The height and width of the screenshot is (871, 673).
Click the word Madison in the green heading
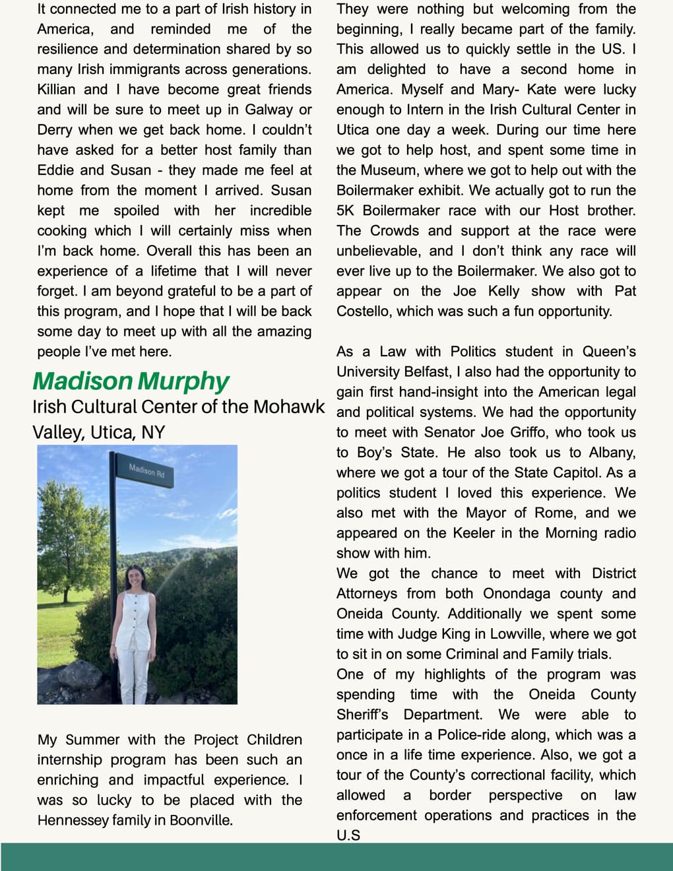[82, 381]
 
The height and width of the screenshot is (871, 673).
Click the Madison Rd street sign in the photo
[146, 471]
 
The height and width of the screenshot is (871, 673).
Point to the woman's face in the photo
[134, 577]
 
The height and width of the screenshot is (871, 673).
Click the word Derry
[56, 130]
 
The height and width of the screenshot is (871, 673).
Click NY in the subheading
[153, 432]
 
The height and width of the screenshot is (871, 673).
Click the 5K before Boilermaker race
[346, 210]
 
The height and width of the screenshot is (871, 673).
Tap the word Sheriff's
[362, 715]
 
